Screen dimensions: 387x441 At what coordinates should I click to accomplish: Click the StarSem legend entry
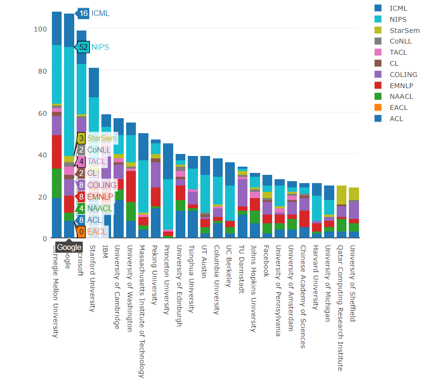click(404, 31)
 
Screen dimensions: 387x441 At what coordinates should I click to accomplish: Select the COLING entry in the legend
click(403, 75)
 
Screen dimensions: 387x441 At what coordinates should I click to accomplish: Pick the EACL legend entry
click(398, 108)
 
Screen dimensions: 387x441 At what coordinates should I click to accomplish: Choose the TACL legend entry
click(398, 52)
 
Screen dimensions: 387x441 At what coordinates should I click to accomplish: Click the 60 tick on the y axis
click(42, 113)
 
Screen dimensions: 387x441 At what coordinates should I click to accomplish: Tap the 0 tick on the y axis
click(44, 239)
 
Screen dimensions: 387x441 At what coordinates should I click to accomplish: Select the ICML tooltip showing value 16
click(83, 13)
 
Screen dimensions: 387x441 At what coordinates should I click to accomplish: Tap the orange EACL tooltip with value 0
click(82, 232)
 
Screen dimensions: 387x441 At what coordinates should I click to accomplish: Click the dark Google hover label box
click(69, 247)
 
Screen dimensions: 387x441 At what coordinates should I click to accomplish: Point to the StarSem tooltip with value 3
click(82, 138)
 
